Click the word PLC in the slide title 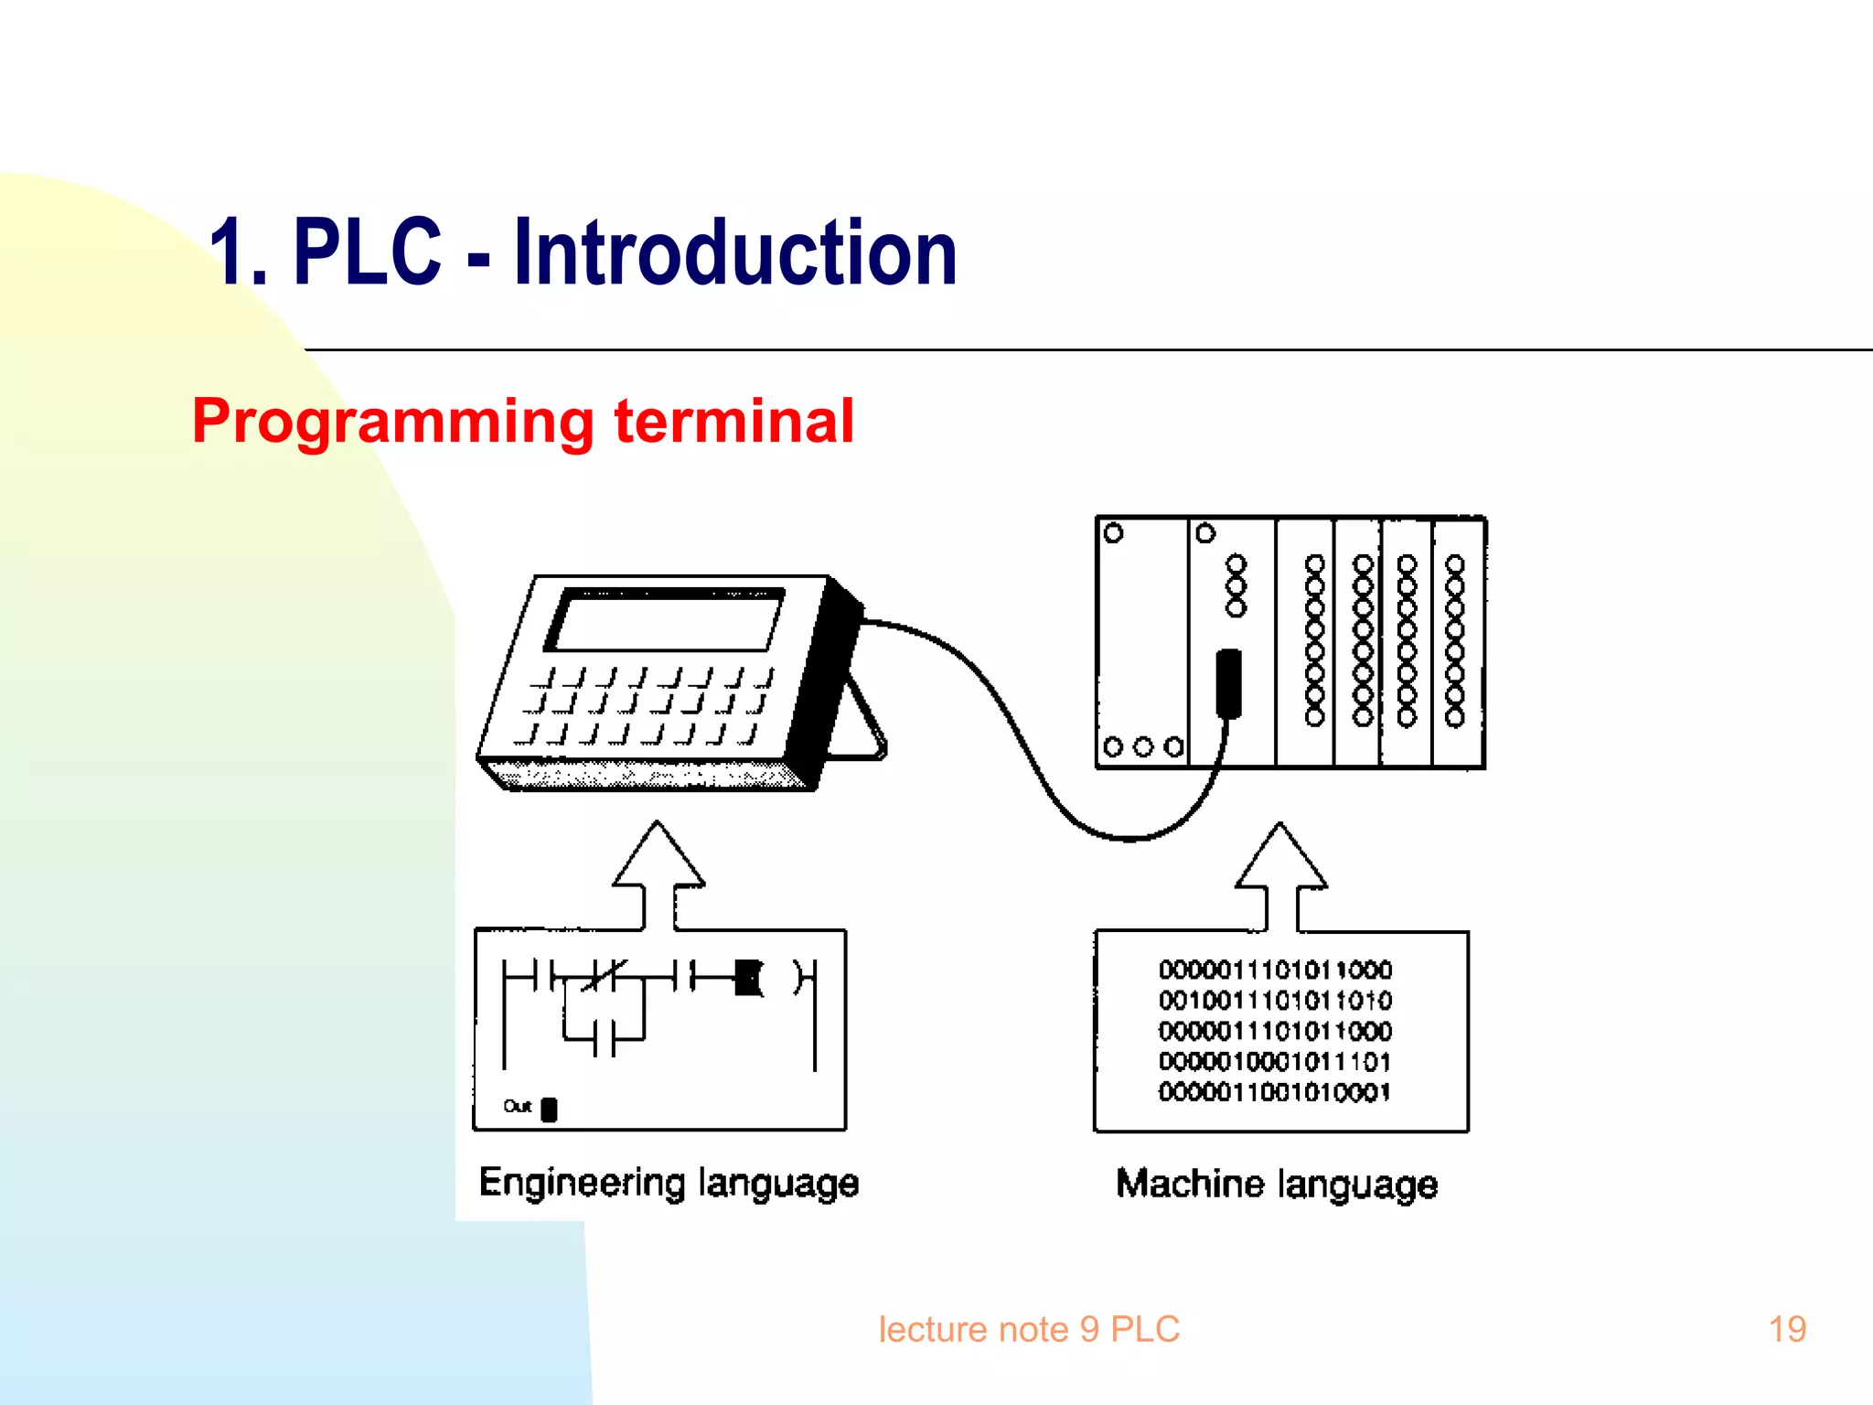[367, 253]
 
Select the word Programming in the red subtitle [393, 423]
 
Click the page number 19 [1787, 1329]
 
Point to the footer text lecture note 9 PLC [1028, 1329]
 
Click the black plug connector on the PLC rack [1228, 682]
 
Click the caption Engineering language [669, 1183]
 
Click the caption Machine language [1277, 1184]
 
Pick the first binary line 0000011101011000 [1275, 970]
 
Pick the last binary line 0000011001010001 [1275, 1092]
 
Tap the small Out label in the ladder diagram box [518, 1107]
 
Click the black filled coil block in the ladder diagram [748, 978]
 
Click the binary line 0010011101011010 [1275, 1000]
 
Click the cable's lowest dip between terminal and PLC [1130, 837]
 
